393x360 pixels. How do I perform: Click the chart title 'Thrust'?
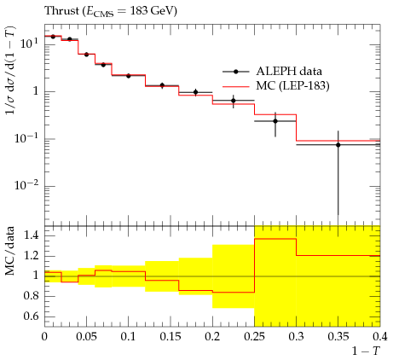click(61, 11)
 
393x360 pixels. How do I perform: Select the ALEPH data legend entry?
click(272, 72)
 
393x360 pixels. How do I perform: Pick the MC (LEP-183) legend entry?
click(275, 85)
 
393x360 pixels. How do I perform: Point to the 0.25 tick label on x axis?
click(254, 337)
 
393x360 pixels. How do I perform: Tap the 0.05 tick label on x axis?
click(86, 337)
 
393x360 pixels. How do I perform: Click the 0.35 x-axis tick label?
click(338, 337)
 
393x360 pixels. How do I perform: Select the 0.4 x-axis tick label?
click(380, 337)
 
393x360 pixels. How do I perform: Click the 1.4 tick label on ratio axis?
click(32, 235)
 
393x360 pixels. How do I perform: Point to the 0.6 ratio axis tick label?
click(32, 316)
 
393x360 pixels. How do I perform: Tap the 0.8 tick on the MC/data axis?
click(32, 296)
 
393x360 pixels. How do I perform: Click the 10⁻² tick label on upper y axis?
click(26, 185)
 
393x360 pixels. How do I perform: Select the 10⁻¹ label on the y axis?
click(26, 138)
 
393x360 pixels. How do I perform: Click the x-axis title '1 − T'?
click(366, 351)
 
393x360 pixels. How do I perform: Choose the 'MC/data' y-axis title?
click(10, 251)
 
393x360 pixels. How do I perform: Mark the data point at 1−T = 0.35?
click(338, 145)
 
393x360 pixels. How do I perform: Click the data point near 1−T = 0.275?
click(275, 121)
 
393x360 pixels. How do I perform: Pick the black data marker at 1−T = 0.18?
click(195, 92)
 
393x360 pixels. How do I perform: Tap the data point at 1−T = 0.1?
click(129, 76)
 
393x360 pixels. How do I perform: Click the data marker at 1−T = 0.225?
click(234, 101)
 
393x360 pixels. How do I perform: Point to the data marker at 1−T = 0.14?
click(162, 85)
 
